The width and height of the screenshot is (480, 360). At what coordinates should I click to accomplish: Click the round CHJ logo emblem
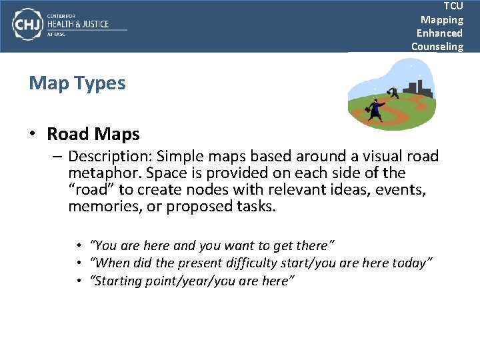[x=27, y=25]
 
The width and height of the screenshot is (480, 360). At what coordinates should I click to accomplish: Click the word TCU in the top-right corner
[x=453, y=6]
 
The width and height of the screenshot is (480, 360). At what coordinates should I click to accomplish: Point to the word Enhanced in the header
[x=439, y=33]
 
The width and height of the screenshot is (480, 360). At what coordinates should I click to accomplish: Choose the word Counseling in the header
[x=437, y=46]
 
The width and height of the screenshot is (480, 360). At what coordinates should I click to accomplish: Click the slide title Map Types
[x=77, y=83]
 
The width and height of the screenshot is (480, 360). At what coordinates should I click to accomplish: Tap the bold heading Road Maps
[x=93, y=134]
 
